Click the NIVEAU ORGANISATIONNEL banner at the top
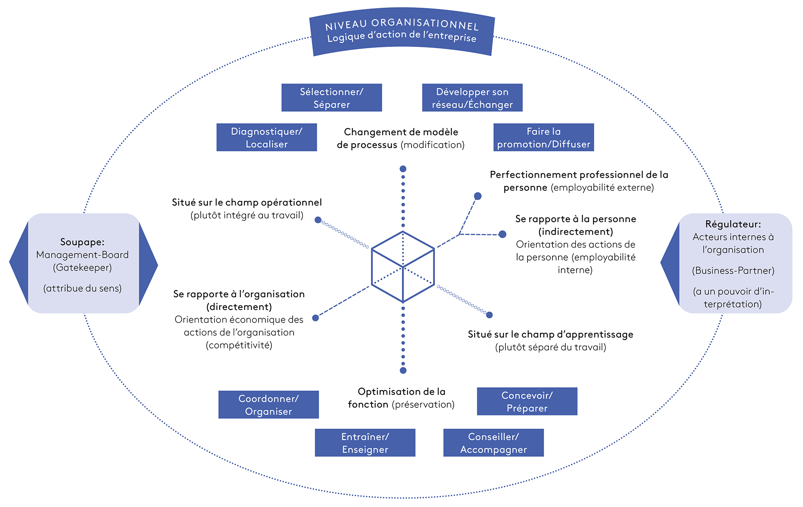point(402,31)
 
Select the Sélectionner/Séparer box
point(332,98)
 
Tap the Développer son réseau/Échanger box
point(472,98)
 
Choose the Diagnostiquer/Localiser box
point(267,137)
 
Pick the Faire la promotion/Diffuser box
point(544,137)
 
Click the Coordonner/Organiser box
point(269,405)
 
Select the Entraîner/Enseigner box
point(365,443)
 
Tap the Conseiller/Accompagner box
point(493,443)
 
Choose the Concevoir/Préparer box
point(527,401)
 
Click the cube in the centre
point(403,267)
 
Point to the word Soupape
point(82,242)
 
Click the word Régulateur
point(733,224)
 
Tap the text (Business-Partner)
point(733,271)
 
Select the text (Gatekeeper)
point(82,268)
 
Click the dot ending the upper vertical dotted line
point(403,169)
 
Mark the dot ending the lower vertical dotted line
point(403,371)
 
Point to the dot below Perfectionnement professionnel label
point(478,196)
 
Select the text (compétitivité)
point(239,345)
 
